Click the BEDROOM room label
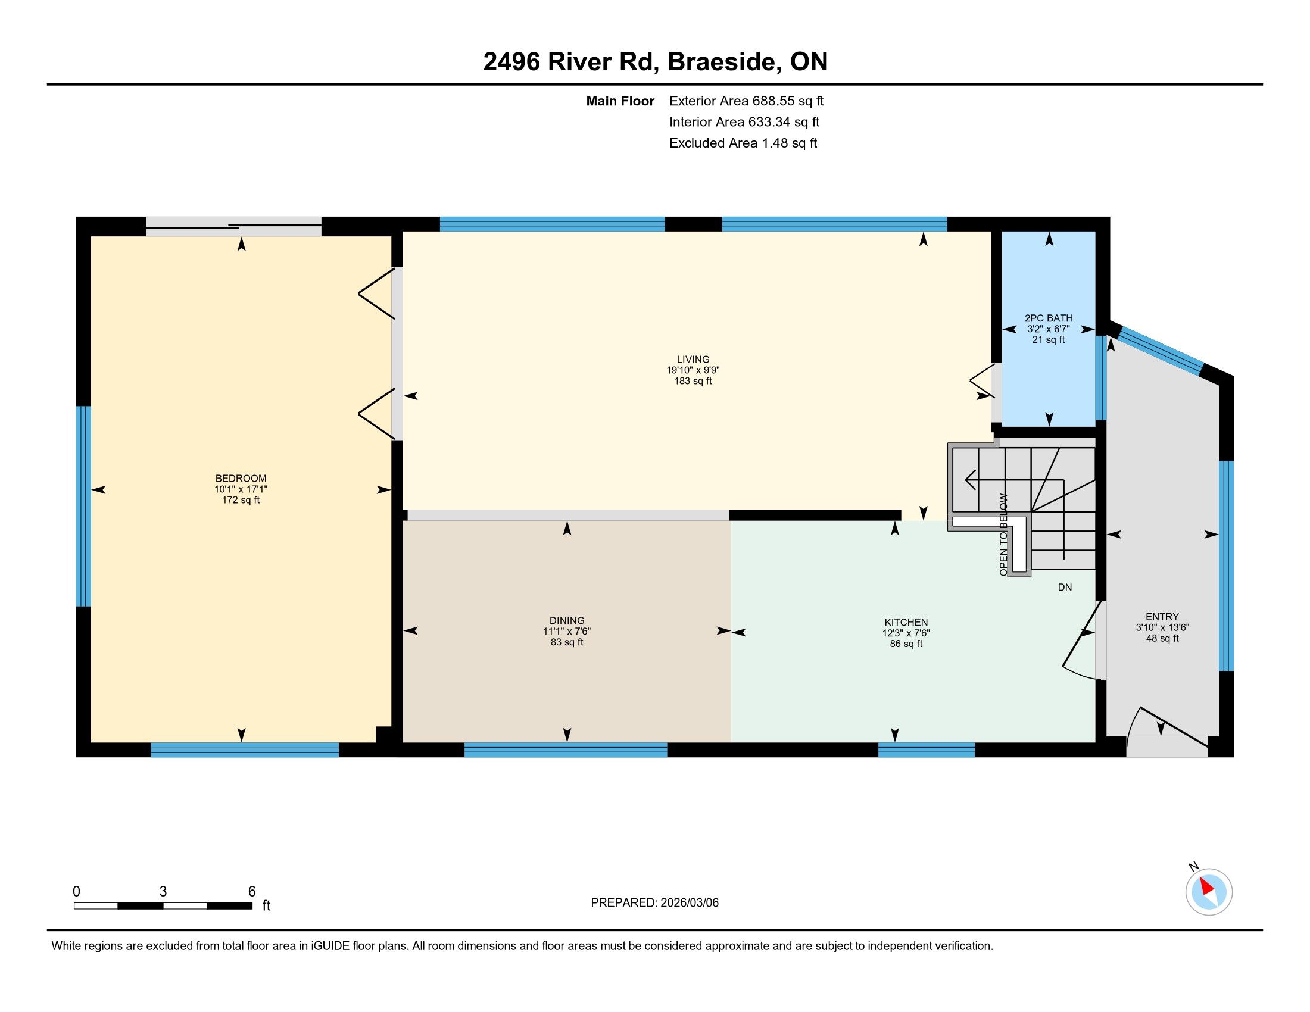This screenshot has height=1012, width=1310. tap(241, 479)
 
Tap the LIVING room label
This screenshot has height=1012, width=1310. tap(693, 360)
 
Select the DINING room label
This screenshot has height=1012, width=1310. tap(567, 620)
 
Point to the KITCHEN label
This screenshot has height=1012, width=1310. tap(906, 622)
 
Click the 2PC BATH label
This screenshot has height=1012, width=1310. tap(1049, 318)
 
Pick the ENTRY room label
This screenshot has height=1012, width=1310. tap(1162, 616)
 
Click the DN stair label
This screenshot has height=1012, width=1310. tap(1065, 588)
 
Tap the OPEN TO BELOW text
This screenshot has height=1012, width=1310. tap(1003, 535)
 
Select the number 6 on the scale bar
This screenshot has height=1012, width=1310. tap(252, 892)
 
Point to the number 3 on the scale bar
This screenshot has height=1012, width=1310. tap(163, 892)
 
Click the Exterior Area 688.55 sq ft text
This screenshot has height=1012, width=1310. tap(746, 101)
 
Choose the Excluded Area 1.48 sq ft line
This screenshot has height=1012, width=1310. tap(743, 143)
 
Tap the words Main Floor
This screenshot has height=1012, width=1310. tap(620, 101)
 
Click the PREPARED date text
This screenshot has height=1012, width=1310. tap(654, 903)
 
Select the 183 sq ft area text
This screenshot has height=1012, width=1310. tap(693, 382)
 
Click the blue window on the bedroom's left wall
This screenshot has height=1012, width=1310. tap(83, 507)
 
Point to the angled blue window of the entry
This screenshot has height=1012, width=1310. tap(1161, 350)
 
